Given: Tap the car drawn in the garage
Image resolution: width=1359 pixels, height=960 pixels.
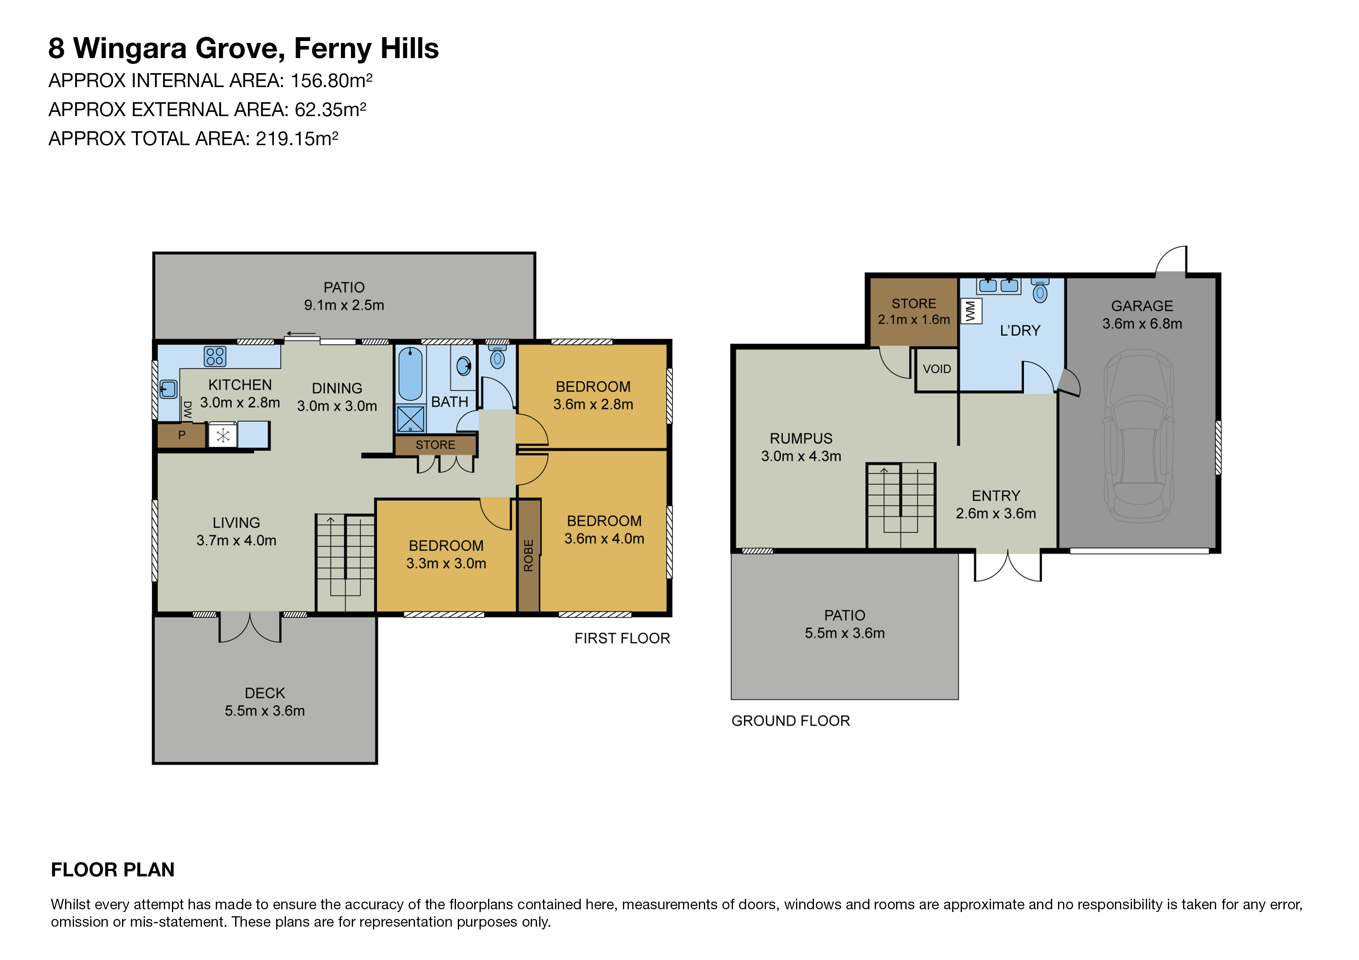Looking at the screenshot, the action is (1139, 436).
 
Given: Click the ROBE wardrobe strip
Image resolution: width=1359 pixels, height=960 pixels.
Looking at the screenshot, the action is (528, 555).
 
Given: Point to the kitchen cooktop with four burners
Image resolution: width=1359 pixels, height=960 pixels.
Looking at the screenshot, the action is (215, 356).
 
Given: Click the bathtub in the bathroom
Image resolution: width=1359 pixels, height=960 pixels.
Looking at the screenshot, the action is (410, 374).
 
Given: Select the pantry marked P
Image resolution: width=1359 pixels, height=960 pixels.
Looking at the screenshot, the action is (182, 435).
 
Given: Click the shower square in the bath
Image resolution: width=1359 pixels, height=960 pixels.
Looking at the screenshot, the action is (410, 419).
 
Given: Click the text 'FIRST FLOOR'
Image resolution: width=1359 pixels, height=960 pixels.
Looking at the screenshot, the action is (622, 638).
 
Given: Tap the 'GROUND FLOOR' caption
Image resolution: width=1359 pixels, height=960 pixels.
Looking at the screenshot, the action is (790, 721).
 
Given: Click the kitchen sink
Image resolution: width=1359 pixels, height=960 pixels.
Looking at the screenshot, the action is (169, 389).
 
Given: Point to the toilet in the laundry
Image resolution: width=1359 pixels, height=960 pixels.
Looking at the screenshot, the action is (1040, 290).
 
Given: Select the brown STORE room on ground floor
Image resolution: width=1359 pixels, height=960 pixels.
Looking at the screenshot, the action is (913, 312).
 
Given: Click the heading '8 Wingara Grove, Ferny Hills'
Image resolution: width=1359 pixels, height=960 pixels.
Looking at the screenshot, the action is (243, 48).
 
